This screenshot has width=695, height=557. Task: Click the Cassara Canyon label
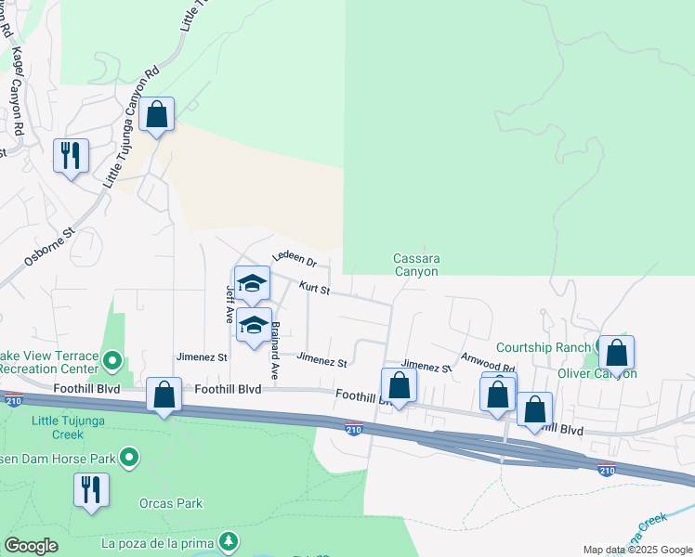click(415, 265)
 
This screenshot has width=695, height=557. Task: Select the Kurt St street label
click(314, 290)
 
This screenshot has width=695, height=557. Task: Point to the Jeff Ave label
click(229, 303)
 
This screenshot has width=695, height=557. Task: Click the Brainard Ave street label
click(275, 351)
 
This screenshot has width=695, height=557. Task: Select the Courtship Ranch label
click(544, 347)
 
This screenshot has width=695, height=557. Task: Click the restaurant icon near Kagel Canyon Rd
click(71, 155)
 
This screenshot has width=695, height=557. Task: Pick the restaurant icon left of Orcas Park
click(91, 489)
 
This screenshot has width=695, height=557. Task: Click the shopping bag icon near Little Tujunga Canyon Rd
click(157, 115)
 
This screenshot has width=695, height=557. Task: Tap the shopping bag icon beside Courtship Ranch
click(616, 353)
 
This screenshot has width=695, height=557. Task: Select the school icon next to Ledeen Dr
click(252, 283)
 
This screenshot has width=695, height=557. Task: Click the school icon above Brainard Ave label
click(253, 325)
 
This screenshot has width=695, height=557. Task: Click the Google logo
click(31, 546)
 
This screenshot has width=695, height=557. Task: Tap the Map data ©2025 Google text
click(637, 550)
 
